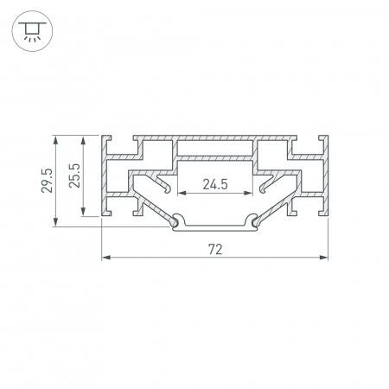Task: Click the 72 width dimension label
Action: point(215,249)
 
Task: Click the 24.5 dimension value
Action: point(215,184)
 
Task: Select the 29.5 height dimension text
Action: point(48,181)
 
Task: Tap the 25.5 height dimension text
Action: point(74,175)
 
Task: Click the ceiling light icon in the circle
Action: point(32,31)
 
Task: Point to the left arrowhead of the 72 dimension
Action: point(106,258)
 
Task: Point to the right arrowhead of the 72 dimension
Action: point(323,258)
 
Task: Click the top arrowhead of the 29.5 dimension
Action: point(55,140)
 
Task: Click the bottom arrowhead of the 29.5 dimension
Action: point(55,222)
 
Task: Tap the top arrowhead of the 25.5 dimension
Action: point(83,140)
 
